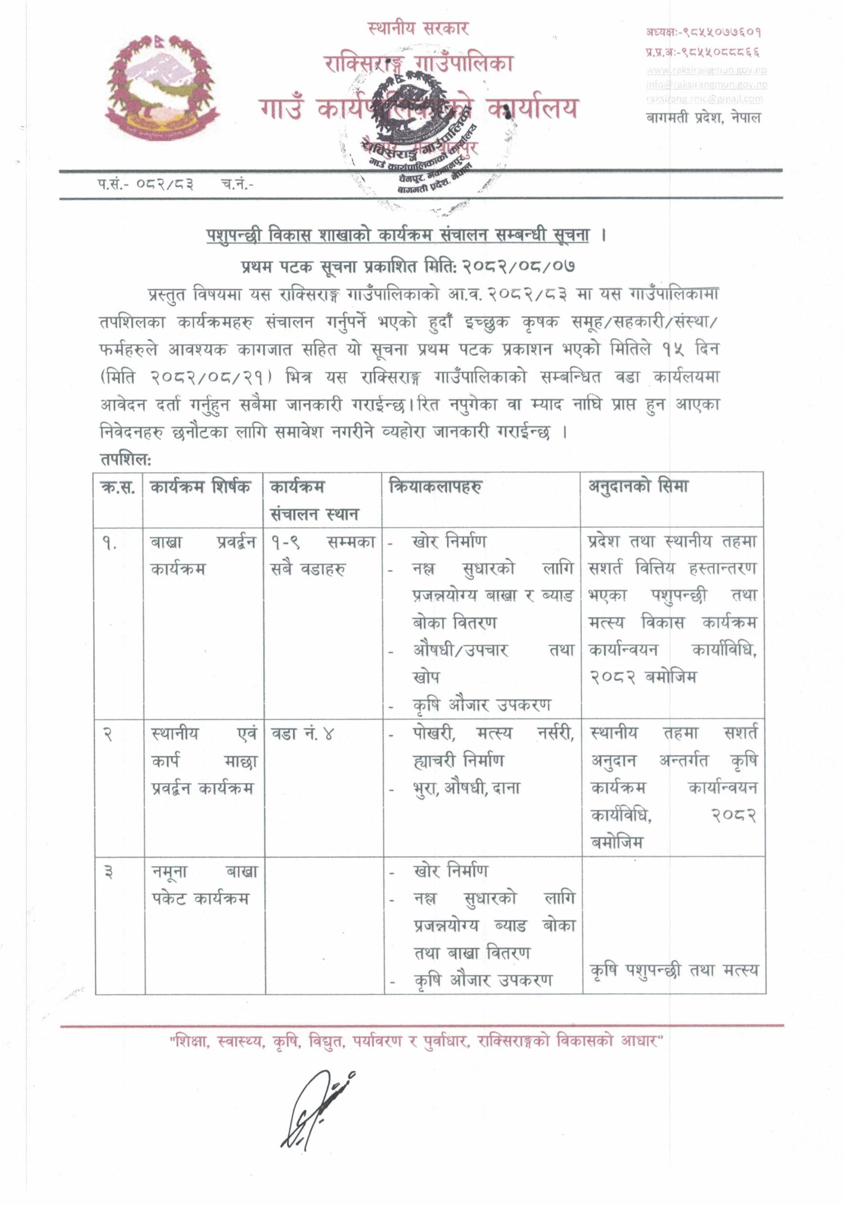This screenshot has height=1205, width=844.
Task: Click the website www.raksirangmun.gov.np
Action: pos(707,71)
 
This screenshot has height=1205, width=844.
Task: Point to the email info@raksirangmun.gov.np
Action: pos(707,84)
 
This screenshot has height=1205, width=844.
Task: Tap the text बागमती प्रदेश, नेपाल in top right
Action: pos(703,118)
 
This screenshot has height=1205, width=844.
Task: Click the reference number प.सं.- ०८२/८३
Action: pos(145,184)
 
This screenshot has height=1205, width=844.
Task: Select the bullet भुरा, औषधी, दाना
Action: pos(466,789)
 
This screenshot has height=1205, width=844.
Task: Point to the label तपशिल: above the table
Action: pos(125,460)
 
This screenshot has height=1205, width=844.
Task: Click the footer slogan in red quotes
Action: pos(417,1041)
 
